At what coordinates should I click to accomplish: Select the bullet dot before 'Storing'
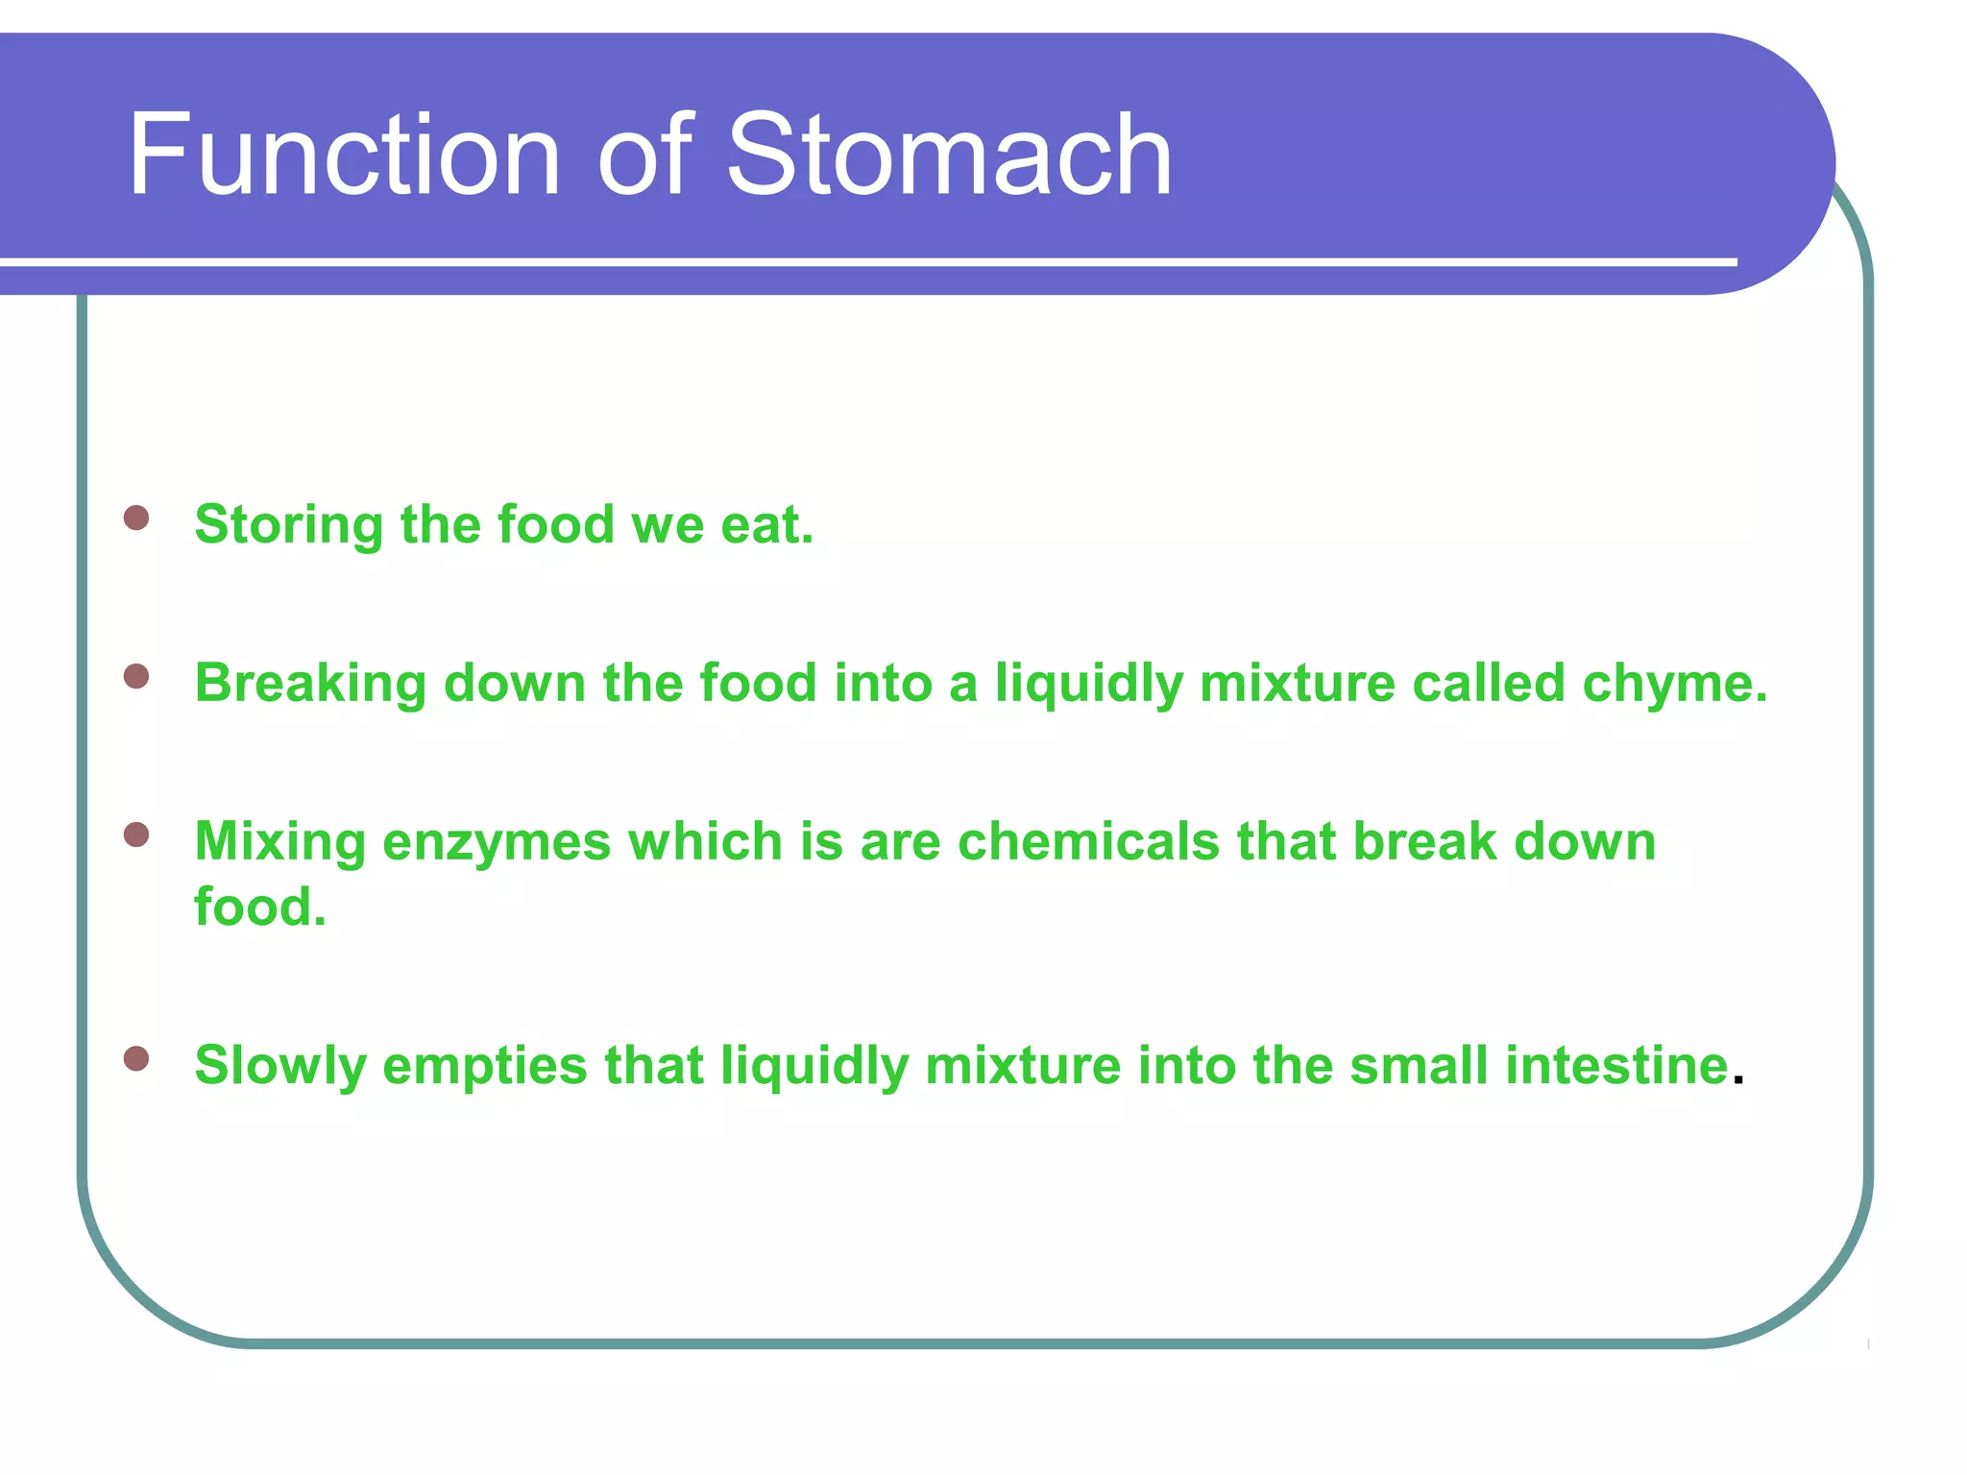click(136, 518)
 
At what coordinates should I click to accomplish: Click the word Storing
click(289, 525)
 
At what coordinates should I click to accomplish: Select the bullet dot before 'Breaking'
click(136, 676)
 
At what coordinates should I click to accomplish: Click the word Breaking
click(310, 684)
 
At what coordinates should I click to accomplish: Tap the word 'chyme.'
click(1674, 684)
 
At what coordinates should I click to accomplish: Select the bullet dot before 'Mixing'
click(136, 834)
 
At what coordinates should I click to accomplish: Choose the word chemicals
click(1088, 842)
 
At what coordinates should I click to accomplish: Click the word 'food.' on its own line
click(260, 907)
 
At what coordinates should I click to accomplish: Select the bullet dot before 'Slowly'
click(136, 1058)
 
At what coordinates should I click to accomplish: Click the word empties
click(484, 1066)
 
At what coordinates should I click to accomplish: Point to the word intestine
click(1616, 1066)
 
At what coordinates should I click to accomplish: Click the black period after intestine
click(1737, 1081)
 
